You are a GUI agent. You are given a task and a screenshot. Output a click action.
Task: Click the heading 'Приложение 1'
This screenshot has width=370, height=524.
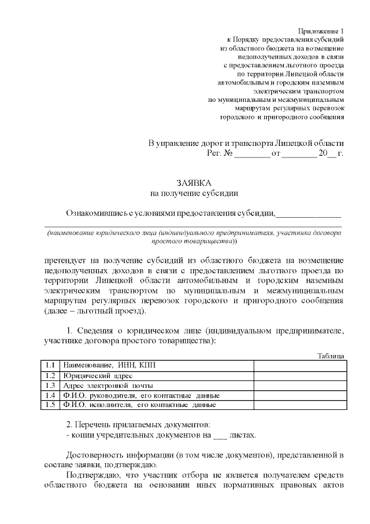coord(320,30)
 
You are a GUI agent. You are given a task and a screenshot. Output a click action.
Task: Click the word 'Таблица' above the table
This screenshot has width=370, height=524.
coord(331,356)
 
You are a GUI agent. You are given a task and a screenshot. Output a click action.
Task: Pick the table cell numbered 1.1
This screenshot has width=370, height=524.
coord(50,365)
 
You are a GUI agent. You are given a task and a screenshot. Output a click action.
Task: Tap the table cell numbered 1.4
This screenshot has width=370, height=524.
coord(50,395)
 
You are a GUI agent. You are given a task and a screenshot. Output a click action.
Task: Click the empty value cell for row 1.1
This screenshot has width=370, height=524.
coord(298,365)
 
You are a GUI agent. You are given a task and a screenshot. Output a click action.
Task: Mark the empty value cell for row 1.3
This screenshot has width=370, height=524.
coord(298,385)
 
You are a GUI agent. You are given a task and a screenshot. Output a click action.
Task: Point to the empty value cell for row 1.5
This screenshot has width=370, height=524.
coord(298,405)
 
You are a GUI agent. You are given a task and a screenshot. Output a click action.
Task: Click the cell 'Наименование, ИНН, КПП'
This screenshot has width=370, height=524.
coord(109,365)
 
